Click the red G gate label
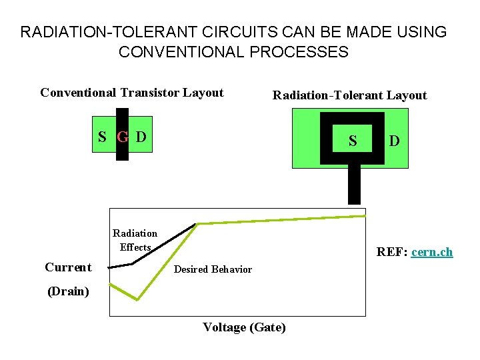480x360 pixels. [x=123, y=138]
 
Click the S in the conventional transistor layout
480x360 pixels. [x=102, y=137]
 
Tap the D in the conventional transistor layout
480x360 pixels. [x=141, y=137]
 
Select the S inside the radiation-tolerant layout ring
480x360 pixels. [x=353, y=141]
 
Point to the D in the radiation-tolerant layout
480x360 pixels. [x=395, y=141]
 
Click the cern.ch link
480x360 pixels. [x=432, y=252]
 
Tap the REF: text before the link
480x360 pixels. [x=393, y=252]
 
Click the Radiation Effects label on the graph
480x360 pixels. [x=135, y=240]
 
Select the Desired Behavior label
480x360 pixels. [x=213, y=269]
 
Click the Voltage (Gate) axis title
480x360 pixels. [x=244, y=327]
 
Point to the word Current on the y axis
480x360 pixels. [x=68, y=267]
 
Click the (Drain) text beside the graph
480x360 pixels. [x=68, y=291]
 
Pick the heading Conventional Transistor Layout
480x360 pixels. [x=132, y=93]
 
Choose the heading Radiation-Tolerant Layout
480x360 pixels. [x=349, y=95]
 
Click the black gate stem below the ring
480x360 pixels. [x=355, y=184]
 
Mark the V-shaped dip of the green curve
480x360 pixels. [x=136, y=298]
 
